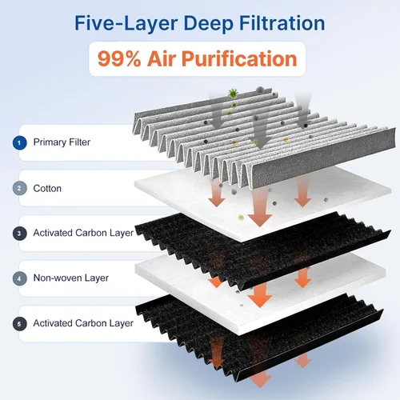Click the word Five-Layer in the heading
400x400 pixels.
click(x=126, y=23)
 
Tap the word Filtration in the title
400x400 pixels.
click(x=282, y=23)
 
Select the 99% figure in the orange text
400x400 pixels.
click(x=119, y=58)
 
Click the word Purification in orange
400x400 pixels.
click(x=239, y=58)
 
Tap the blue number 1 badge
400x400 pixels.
click(x=19, y=142)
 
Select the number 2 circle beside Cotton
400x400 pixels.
click(x=19, y=188)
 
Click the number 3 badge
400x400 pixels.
click(x=19, y=234)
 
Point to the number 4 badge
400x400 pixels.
click(x=19, y=278)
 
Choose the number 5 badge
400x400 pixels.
click(x=19, y=324)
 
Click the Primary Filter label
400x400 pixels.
click(x=62, y=142)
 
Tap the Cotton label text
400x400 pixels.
click(x=47, y=189)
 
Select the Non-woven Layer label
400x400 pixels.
click(x=71, y=278)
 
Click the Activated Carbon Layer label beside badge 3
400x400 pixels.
click(x=83, y=233)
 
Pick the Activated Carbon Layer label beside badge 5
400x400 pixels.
click(x=83, y=323)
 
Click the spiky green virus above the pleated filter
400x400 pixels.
click(x=233, y=94)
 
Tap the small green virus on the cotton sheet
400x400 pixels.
click(x=241, y=217)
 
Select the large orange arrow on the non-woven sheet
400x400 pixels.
click(x=260, y=294)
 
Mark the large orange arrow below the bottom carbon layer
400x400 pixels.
click(x=260, y=378)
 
